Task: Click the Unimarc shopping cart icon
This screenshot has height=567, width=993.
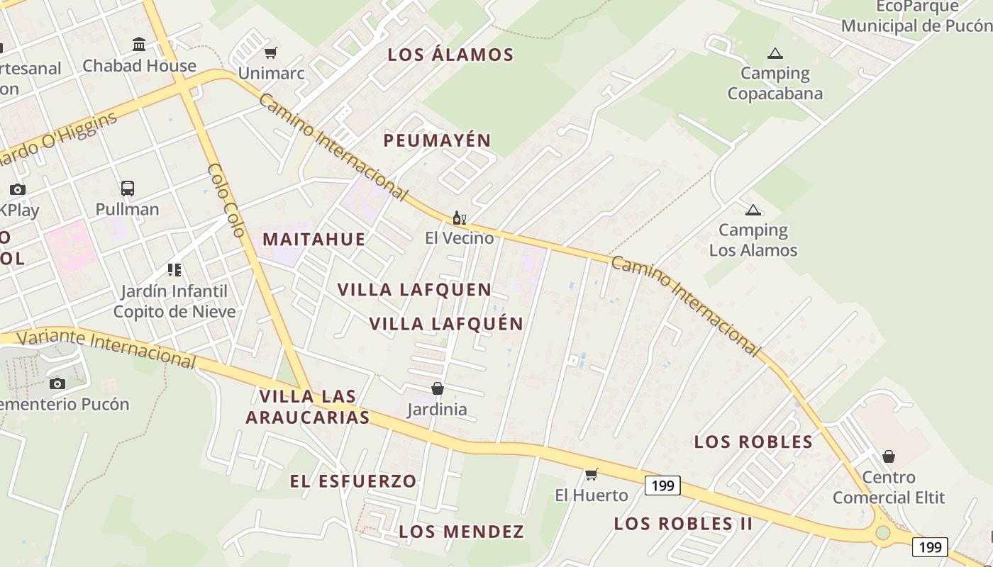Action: (270, 52)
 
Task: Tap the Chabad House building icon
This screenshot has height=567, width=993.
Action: (139, 45)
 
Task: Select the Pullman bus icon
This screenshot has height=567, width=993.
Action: (128, 189)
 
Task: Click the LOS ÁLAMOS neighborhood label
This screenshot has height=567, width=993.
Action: (450, 55)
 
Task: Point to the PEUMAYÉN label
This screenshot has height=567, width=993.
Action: (437, 140)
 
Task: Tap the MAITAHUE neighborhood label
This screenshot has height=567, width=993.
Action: (314, 239)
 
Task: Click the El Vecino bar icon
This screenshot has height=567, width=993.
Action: (459, 218)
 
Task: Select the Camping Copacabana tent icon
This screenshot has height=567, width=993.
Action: (775, 53)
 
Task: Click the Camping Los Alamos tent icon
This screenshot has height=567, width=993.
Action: (753, 210)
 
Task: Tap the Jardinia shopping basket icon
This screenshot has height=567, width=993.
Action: (438, 388)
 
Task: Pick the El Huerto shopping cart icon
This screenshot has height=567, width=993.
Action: (591, 474)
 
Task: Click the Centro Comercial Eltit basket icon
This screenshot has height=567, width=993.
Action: (888, 456)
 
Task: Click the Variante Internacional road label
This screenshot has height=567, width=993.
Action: (106, 347)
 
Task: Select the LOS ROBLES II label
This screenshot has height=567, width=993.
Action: (683, 524)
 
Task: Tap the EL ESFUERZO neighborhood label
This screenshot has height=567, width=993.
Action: (353, 481)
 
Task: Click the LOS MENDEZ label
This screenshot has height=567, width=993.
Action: (461, 532)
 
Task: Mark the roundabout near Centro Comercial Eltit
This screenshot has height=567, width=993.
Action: (882, 532)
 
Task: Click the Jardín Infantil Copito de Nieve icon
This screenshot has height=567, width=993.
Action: (174, 270)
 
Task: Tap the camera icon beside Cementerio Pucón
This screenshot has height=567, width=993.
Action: (57, 383)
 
